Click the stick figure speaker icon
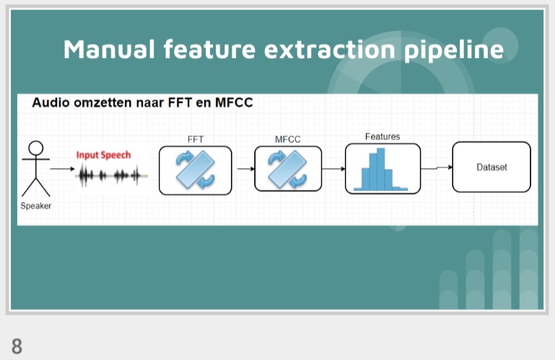(35, 168)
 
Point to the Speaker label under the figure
(35, 206)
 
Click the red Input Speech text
(103, 155)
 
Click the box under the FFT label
(195, 170)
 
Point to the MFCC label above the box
(287, 139)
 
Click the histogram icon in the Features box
(383, 170)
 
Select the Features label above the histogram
(383, 136)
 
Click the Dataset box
(491, 167)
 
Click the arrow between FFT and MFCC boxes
(243, 170)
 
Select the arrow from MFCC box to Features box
(333, 170)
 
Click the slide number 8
(17, 346)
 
